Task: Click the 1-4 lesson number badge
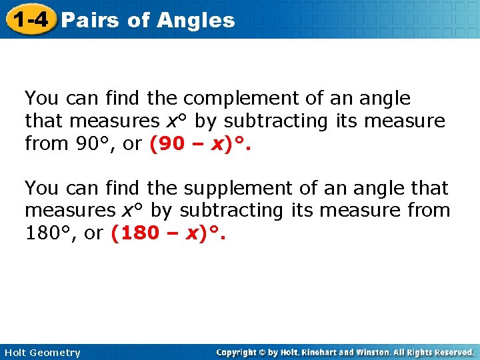coord(29,19)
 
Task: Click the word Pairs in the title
coord(90,20)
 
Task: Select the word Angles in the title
coord(197,20)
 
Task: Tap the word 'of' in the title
coord(139,20)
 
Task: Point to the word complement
coord(241,99)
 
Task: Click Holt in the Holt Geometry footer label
coord(16,353)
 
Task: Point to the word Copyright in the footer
coord(238,352)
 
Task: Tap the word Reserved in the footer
coord(452,352)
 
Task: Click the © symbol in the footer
coord(265,352)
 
